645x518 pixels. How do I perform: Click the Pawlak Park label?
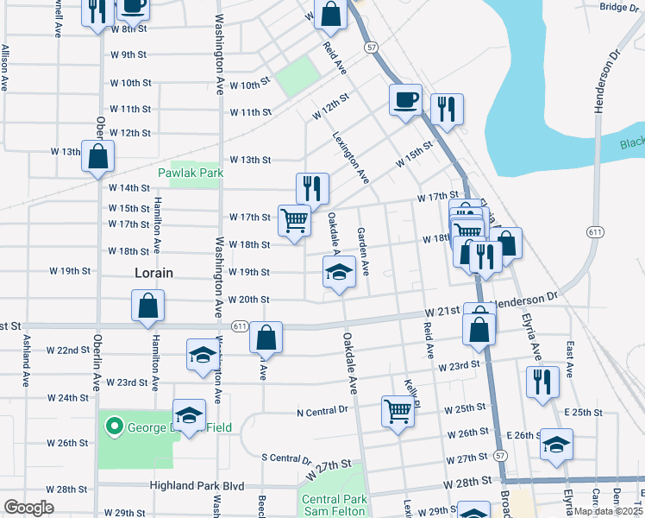coord(190,173)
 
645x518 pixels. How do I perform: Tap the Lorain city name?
coord(154,273)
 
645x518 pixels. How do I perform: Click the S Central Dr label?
coord(285,458)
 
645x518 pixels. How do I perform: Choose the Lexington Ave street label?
coord(351,156)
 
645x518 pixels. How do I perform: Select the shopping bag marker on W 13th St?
coord(98,155)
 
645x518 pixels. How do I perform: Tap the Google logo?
coord(29,508)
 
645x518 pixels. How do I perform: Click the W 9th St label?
coord(128,54)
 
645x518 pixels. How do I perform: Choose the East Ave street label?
coord(569,352)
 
